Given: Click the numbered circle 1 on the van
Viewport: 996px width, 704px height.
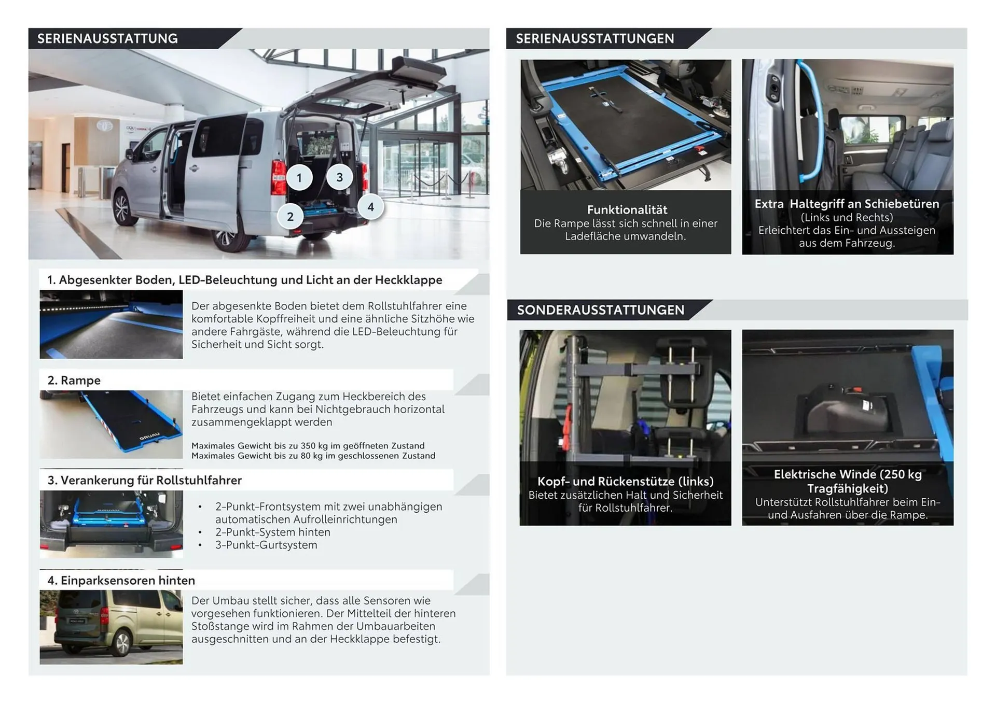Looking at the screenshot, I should pos(299,178).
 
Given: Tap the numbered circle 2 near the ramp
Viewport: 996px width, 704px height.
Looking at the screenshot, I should pos(290,217).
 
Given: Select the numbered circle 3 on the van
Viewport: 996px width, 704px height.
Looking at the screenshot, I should pos(339,177).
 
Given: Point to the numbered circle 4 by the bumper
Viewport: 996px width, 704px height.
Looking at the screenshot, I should pos(370,207).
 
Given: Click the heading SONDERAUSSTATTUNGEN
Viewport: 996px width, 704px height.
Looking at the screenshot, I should pos(600,310).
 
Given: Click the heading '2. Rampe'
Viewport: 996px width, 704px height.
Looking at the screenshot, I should pos(74,380).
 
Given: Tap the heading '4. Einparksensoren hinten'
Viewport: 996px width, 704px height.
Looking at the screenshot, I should pos(121,580).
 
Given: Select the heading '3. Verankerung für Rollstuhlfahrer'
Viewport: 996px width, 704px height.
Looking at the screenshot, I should pos(145,480).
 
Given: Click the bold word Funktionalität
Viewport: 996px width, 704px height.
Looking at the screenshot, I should pos(627,210).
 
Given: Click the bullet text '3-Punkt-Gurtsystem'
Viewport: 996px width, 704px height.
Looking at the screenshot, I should pos(266,545).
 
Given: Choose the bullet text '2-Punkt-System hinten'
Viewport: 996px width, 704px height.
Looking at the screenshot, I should pos(272,532).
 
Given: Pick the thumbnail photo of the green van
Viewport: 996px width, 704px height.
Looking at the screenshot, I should pos(111,627).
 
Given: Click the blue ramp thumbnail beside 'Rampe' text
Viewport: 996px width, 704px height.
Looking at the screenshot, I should pos(111,424).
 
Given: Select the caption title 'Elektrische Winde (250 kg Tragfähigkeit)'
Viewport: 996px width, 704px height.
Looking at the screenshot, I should pos(847,481).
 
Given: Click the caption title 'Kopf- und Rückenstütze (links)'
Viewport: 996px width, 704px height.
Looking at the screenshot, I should pos(625,481).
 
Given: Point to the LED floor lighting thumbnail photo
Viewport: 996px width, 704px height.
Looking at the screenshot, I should pos(111,325).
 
